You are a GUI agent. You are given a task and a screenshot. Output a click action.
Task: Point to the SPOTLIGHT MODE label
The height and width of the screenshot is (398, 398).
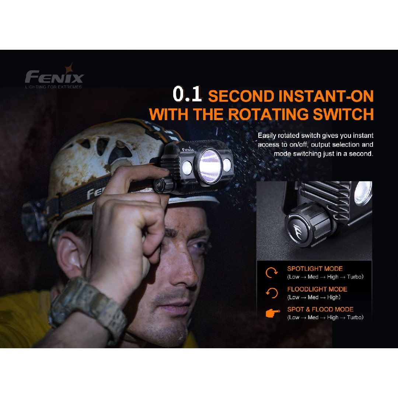pyautogui.click(x=315, y=269)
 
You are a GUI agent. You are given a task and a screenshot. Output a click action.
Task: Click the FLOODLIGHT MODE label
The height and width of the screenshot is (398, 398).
pyautogui.click(x=317, y=289)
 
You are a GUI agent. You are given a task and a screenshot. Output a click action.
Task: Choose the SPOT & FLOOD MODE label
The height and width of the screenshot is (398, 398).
pyautogui.click(x=320, y=309)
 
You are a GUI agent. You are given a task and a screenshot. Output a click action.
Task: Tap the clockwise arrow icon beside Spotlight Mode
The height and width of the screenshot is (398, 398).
pyautogui.click(x=272, y=273)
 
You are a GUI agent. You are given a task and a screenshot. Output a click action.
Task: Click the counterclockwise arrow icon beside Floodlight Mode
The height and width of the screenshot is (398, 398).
pyautogui.click(x=272, y=293)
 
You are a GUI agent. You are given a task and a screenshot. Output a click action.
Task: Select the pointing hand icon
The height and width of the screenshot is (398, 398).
pyautogui.click(x=272, y=313)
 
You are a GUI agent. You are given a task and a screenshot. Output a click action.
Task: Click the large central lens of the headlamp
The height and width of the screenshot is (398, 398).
pyautogui.click(x=210, y=166)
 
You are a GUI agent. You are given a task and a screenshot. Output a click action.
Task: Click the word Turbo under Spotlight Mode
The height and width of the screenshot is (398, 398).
pyautogui.click(x=355, y=277)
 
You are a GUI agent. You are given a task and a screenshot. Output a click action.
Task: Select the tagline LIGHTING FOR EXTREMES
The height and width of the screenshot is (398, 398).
pyautogui.click(x=53, y=87)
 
